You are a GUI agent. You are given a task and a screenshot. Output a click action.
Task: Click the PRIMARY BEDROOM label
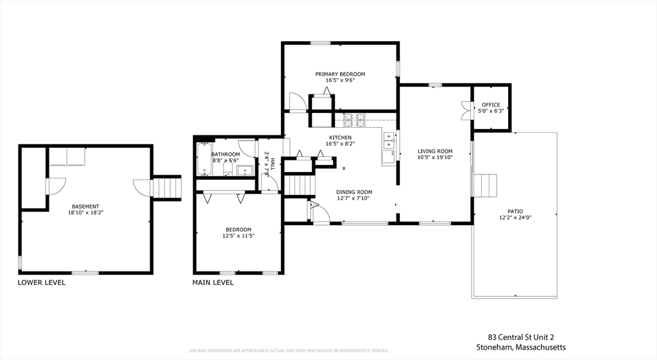[340, 74]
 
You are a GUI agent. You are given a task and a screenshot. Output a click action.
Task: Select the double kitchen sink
[389, 140]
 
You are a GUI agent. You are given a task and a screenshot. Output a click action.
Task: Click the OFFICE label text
[491, 105]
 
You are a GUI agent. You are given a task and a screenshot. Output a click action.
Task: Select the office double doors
[465, 110]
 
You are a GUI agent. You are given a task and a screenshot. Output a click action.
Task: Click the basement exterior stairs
[169, 187]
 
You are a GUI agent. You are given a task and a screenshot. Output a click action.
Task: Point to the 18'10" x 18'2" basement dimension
[86, 212]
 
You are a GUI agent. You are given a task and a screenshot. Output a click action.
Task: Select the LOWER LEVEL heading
[42, 282]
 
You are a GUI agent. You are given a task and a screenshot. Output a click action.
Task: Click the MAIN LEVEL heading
[213, 282]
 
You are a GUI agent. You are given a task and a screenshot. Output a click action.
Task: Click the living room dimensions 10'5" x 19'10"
[436, 157]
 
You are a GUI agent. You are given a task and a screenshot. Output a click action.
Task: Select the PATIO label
[515, 210]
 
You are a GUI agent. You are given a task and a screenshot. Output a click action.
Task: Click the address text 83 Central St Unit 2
[520, 337]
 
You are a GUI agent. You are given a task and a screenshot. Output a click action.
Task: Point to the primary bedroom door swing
[297, 101]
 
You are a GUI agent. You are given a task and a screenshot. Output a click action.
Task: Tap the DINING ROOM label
[354, 192]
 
